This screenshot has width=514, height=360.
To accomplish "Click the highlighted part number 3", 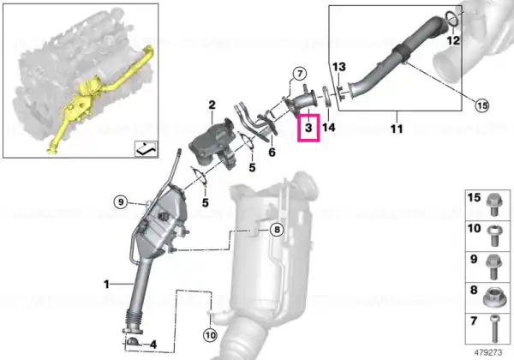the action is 308,128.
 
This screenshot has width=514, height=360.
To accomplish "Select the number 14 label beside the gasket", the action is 329,127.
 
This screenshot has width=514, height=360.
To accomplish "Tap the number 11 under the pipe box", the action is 397,129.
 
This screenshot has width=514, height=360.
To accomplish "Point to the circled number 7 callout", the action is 299,74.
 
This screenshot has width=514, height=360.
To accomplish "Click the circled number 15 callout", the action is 481,105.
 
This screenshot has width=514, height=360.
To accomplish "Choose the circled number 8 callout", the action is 277,230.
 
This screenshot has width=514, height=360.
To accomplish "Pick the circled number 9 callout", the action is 121,202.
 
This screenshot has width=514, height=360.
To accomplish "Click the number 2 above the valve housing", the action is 212,105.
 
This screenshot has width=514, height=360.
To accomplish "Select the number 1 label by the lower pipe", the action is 106,284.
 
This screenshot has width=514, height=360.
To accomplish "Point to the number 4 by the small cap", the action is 152,345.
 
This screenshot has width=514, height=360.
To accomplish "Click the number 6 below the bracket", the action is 272,152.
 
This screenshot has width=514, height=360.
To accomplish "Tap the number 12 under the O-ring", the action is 453,40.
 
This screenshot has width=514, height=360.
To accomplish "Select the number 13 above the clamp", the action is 339,67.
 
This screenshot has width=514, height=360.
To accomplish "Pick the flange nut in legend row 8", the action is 493,297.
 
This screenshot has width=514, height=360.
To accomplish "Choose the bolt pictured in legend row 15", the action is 493,205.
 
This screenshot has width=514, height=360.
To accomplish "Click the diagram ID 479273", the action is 488,353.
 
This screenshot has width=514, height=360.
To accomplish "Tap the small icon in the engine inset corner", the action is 146,149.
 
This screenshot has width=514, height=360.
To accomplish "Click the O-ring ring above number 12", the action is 452,19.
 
